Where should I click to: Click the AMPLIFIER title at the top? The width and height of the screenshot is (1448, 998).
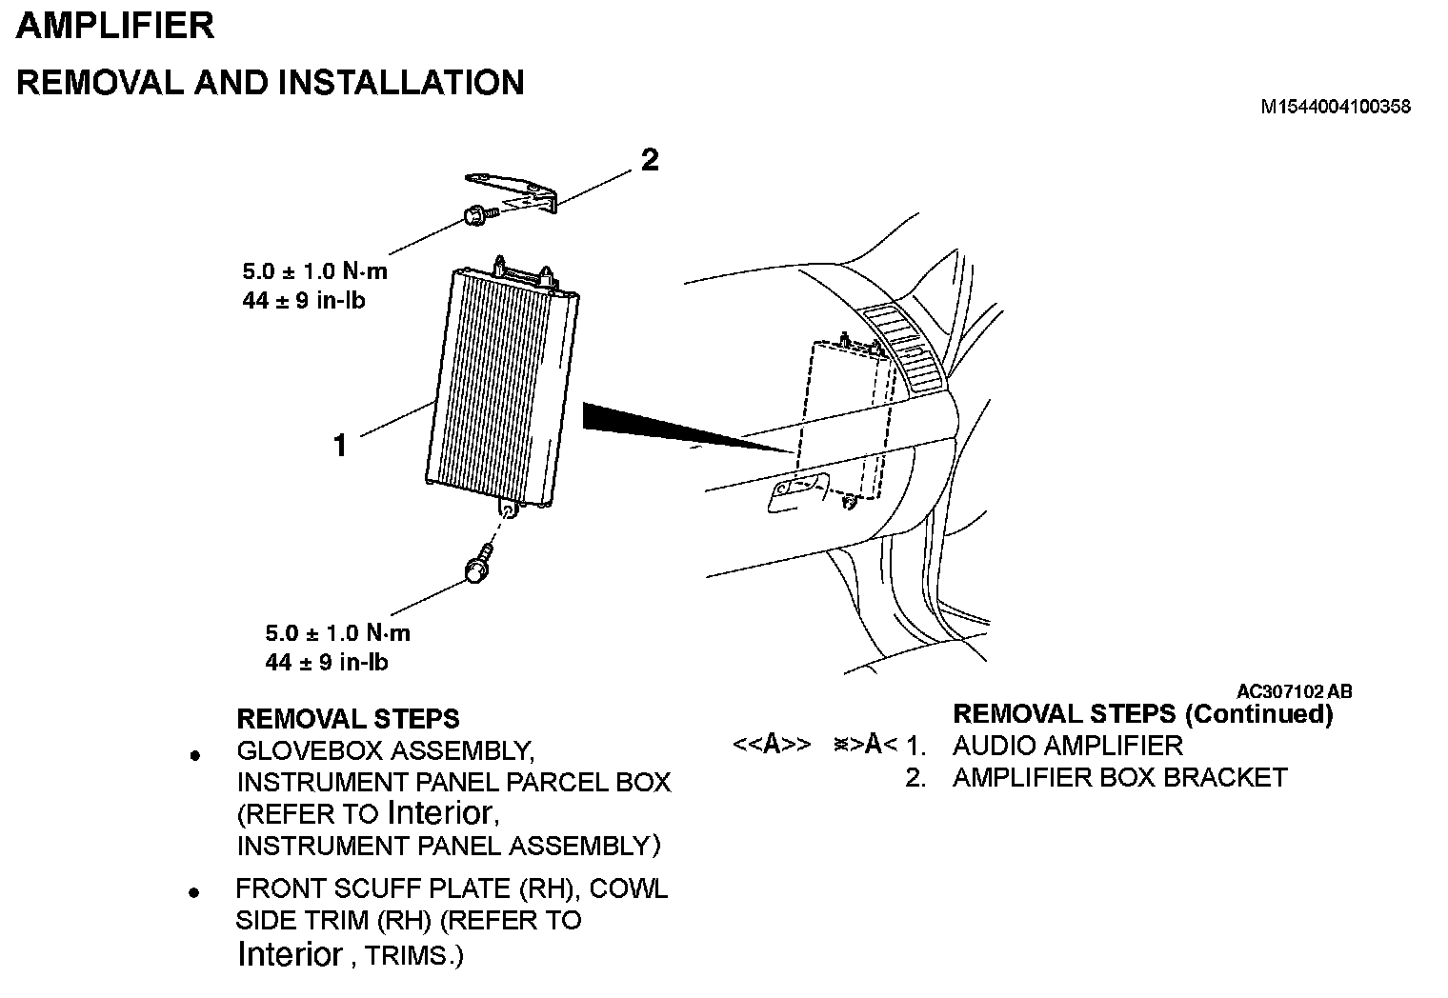pyautogui.click(x=115, y=26)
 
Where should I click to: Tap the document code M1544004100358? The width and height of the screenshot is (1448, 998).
pyautogui.click(x=1335, y=107)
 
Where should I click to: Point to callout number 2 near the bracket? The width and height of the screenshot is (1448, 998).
pyautogui.click(x=649, y=160)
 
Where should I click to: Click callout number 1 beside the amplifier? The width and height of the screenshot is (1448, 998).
pyautogui.click(x=340, y=444)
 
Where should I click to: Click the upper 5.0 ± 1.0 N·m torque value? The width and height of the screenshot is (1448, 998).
pyautogui.click(x=314, y=271)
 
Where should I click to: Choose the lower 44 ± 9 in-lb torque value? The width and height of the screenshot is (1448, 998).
pyautogui.click(x=327, y=662)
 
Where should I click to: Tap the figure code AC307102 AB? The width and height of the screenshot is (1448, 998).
pyautogui.click(x=1294, y=692)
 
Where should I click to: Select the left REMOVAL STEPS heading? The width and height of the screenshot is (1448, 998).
pyautogui.click(x=348, y=718)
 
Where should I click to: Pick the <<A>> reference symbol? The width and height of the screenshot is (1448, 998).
pyautogui.click(x=772, y=745)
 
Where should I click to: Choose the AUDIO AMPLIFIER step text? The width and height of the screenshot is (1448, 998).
pyautogui.click(x=1067, y=746)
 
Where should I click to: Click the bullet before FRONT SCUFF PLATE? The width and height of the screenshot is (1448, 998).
pyautogui.click(x=194, y=893)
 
